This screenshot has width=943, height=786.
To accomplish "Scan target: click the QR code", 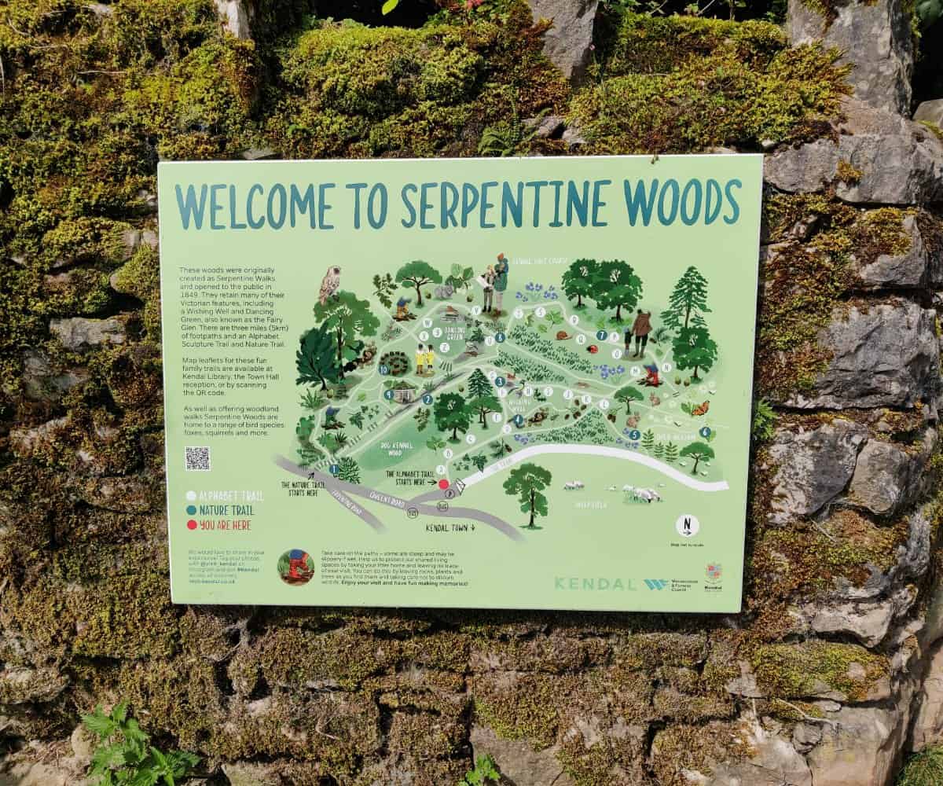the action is click(197, 458).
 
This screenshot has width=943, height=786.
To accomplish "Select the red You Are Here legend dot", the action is click(190, 525).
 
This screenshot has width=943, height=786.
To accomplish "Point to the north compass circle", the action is click(687, 525).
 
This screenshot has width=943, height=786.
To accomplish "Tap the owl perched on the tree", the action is click(330, 284).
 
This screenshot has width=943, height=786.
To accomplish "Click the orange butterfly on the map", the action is click(699, 408).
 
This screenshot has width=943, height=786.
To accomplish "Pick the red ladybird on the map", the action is click(592, 347).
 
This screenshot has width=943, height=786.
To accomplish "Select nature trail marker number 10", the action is click(384, 369).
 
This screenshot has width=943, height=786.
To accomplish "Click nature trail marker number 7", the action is click(601, 335).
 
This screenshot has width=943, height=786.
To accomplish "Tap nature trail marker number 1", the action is click(334, 469).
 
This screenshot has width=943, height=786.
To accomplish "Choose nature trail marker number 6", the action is click(705, 432).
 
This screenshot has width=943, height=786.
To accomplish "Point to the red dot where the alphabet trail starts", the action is click(442, 484).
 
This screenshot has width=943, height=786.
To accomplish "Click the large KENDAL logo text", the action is click(595, 584).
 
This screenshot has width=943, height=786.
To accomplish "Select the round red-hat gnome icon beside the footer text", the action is click(296, 567).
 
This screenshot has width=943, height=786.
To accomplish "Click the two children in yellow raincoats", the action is click(425, 358).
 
